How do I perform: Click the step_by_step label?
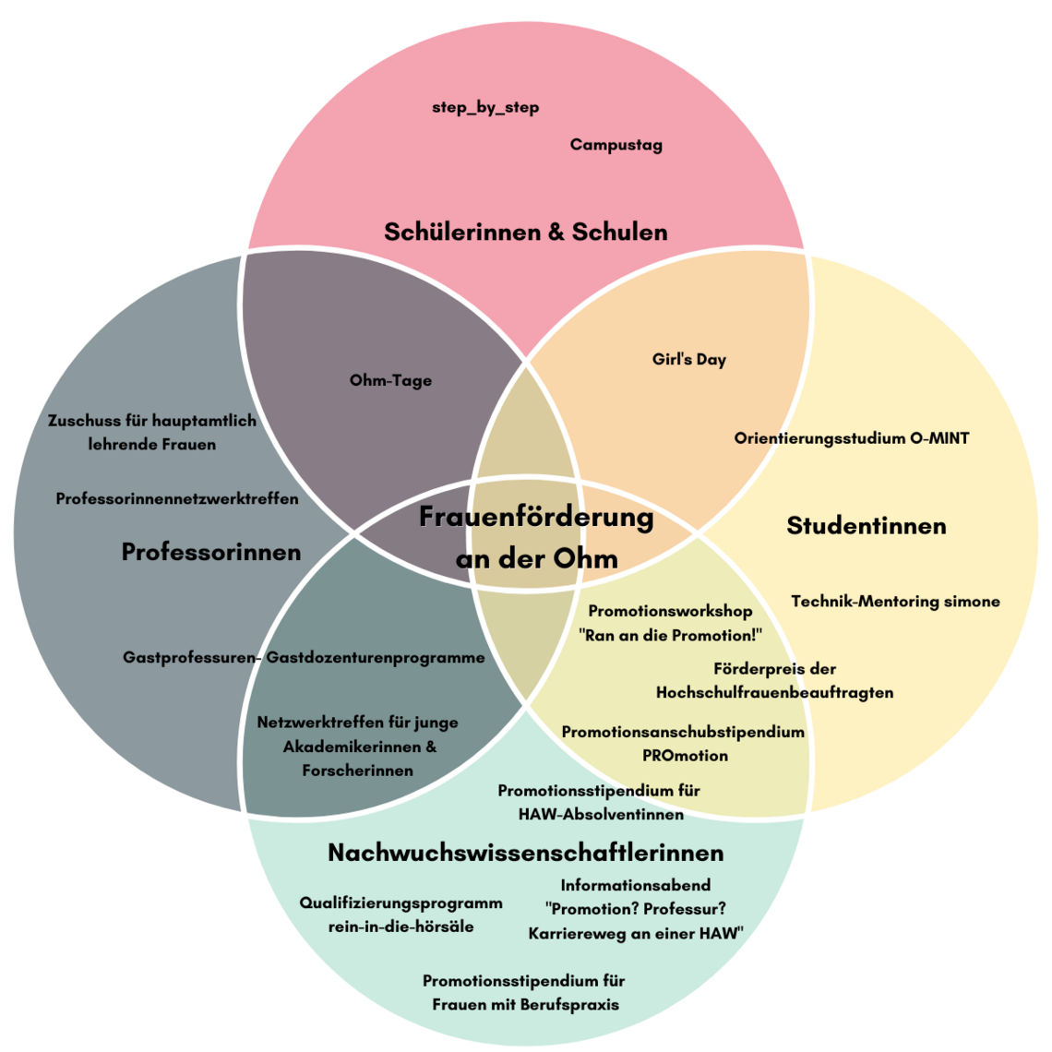pos(485,108)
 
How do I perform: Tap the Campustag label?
pos(616,145)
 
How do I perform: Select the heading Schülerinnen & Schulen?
pos(525,232)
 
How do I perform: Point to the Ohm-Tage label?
pos(390,380)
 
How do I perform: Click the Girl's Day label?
pos(688,360)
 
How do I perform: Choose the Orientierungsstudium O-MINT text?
pos(852,438)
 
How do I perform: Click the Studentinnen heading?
pos(866,526)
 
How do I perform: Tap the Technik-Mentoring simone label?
pos(895,602)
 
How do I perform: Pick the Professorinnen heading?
pos(211,552)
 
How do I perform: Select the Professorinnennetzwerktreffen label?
pos(177,499)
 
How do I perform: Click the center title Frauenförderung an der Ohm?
pos(536,537)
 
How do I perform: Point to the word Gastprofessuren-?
pos(192,658)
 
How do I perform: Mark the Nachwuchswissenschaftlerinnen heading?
pos(525,852)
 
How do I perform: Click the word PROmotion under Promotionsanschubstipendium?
pos(685,756)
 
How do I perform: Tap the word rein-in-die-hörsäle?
pos(400,926)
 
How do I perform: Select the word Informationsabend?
pos(635,886)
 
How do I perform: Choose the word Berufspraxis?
pos(569,1005)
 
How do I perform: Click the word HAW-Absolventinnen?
pos(601,815)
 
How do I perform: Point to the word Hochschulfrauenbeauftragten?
pos(774,692)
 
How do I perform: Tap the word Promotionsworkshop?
pos(670,612)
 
